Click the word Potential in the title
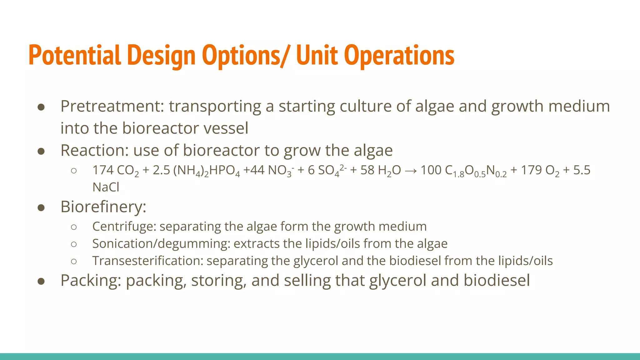pos(75,55)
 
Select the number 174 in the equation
pos(103,170)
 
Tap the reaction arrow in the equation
pos(410,171)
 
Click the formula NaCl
pos(106,187)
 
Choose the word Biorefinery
pos(103,207)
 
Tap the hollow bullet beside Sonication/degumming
pos(74,244)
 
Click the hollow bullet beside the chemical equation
pos(74,171)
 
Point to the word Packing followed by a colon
pos(91,281)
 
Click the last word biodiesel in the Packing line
pos(497,280)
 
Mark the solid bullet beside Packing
pos(41,281)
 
